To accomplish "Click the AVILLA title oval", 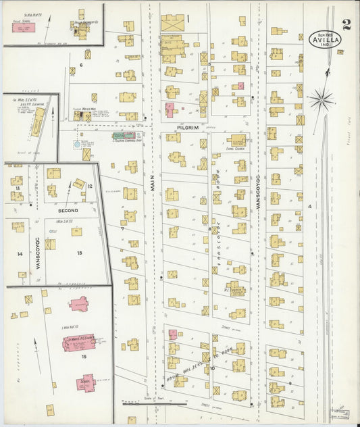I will pos(326,39).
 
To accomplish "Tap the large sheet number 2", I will pos(346,25).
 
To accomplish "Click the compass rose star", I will pos(322,100).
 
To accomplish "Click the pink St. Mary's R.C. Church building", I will pos(79,343).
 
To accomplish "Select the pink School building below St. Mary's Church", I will pos(86,382).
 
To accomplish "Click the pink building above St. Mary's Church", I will pos(80,303).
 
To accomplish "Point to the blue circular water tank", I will pos(78,145).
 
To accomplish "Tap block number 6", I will pos(81,65).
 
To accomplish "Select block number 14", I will pos(20,254).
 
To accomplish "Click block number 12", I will pos(90,185).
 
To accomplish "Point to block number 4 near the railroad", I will pos(310,205).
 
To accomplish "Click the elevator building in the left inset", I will pos(38,122).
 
